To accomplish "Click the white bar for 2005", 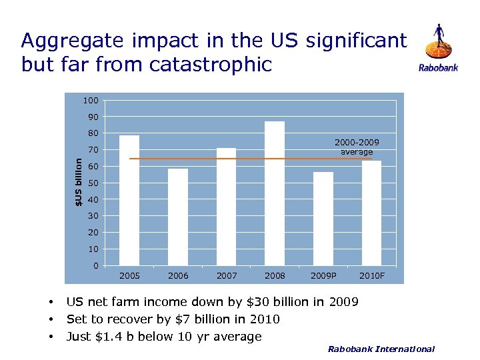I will pos(129,200).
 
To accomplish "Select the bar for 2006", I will pos(178,217).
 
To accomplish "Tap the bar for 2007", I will pos(226,207).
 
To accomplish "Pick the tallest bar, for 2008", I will pos(275,193).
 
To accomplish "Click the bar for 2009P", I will pos(323,219).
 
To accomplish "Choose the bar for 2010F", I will pos(371,213).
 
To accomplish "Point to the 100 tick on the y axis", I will pos(91,101).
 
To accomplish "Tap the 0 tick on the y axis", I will pos(96,266).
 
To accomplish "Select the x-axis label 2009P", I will pos(323,275).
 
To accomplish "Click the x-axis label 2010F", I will pos(372,275).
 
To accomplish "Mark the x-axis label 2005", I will pos(129,275).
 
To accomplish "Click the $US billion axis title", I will pos(78,181).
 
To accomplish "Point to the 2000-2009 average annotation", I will pos(357,147).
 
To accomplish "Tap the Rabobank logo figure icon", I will pos(438,43).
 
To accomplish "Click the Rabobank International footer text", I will pos(381,349).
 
